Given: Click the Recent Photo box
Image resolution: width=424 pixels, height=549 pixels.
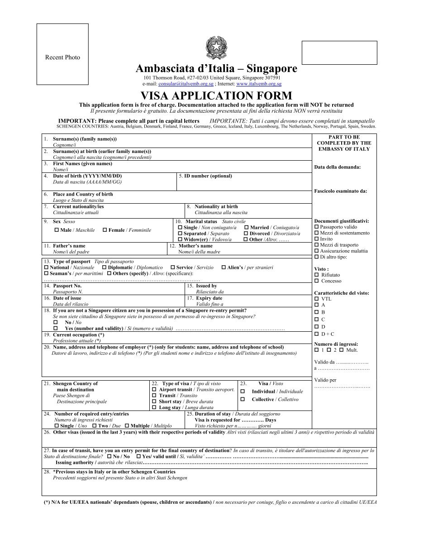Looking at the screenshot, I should pyautogui.click(x=62, y=55).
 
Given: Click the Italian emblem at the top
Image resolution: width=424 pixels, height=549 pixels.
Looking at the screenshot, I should pyautogui.click(x=216, y=48).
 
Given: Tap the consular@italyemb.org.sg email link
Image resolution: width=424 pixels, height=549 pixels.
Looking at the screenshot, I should pyautogui.click(x=186, y=84).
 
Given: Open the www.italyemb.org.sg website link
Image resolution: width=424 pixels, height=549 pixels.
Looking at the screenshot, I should pyautogui.click(x=258, y=84).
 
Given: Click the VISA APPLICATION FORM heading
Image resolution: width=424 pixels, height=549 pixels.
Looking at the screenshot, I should pyautogui.click(x=216, y=96).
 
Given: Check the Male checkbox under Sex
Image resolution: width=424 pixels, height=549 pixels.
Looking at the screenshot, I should pyautogui.click(x=57, y=230).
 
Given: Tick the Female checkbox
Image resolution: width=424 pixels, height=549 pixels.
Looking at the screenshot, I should pyautogui.click(x=105, y=230).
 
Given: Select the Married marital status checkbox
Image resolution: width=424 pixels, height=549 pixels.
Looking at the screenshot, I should pyautogui.click(x=247, y=227).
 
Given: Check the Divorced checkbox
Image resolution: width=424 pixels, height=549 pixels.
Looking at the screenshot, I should pyautogui.click(x=247, y=234).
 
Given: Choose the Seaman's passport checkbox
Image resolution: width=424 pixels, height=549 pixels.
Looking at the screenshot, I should pyautogui.click(x=46, y=273).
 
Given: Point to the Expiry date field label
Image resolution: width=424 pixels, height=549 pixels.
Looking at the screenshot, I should pyautogui.click(x=209, y=298).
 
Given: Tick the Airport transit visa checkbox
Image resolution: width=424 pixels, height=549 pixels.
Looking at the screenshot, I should pyautogui.click(x=155, y=389).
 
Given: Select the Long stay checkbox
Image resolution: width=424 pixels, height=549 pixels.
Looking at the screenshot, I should pyautogui.click(x=155, y=407).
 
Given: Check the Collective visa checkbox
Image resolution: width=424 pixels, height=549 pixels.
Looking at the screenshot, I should pyautogui.click(x=243, y=399).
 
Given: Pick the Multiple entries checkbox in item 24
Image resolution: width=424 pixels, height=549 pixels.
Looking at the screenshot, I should pyautogui.click(x=127, y=426).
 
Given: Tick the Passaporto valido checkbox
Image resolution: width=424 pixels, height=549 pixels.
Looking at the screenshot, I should pyautogui.click(x=316, y=227).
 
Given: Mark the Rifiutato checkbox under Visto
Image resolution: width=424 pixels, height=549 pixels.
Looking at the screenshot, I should pyautogui.click(x=316, y=275).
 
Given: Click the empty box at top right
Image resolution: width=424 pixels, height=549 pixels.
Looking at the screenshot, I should pyautogui.click(x=339, y=53).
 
